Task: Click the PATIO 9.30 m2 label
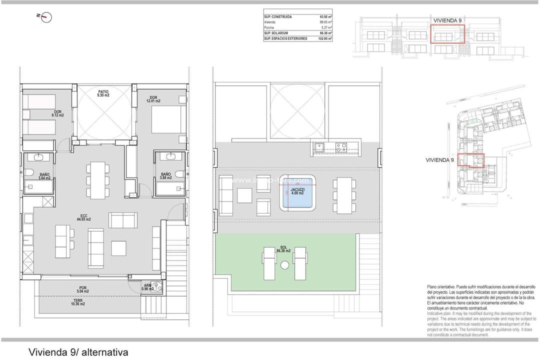coord(103,93)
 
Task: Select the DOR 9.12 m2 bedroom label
coord(58,113)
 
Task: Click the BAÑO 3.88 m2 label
coord(165,176)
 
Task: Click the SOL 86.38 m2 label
coord(283,248)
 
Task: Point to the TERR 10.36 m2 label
coord(77,301)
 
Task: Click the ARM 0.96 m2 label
coord(147,287)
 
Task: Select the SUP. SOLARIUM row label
coord(278,32)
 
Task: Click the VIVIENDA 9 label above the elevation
coord(447,20)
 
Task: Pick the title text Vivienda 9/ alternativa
coord(78,352)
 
